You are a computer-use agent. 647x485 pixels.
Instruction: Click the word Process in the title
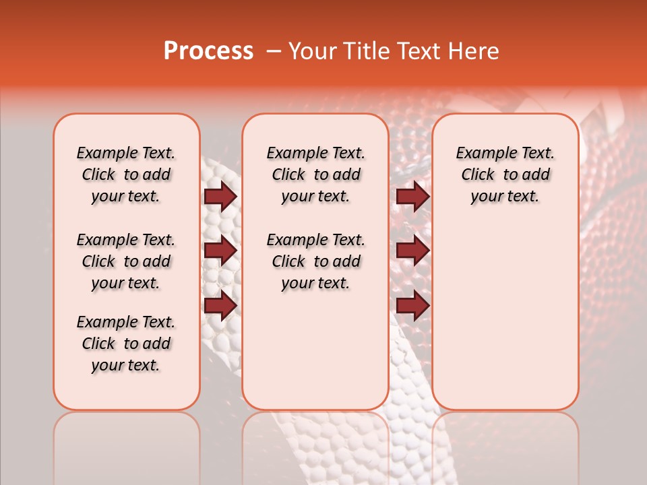tap(208, 51)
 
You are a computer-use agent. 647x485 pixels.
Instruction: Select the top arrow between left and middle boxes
tap(220, 197)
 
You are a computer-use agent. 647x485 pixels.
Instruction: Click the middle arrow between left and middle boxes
tap(220, 251)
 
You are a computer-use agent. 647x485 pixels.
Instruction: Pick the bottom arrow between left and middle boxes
tap(220, 306)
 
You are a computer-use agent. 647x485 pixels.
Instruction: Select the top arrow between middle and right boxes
tap(412, 197)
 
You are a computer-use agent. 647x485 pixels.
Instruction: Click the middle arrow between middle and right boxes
tap(412, 251)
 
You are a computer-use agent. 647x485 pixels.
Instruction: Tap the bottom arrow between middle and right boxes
tap(412, 306)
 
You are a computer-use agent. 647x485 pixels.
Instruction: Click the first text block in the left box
tap(126, 174)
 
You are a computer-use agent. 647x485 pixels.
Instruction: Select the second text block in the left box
tap(126, 261)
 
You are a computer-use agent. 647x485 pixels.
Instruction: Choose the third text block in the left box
tap(126, 344)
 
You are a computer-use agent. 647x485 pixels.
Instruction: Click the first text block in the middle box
tap(315, 174)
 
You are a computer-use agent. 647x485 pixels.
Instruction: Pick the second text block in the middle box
tap(315, 261)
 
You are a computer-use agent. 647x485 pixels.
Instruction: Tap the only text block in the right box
tap(505, 174)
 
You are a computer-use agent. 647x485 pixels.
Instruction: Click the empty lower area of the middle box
tap(315, 350)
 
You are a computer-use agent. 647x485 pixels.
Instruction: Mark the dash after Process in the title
tap(273, 51)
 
